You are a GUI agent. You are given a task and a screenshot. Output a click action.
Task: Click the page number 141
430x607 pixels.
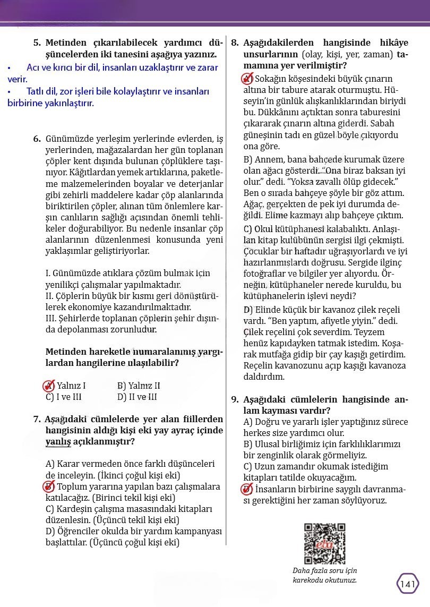pos(407,584)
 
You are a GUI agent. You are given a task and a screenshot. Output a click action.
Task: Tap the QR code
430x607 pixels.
pos(324,543)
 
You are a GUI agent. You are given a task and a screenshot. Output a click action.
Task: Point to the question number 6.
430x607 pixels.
pos(37,139)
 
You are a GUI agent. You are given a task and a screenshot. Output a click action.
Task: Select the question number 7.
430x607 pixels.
pos(37,419)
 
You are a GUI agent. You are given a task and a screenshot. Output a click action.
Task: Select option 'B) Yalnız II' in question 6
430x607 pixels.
pos(139,386)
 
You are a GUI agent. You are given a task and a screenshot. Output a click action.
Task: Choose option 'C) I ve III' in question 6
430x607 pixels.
pos(64,397)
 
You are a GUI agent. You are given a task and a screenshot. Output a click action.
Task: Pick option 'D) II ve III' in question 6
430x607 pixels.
pos(137,397)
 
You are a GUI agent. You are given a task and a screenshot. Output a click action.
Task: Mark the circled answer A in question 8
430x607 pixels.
pos(247,79)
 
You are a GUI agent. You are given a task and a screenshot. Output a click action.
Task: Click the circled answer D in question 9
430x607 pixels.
pos(247,489)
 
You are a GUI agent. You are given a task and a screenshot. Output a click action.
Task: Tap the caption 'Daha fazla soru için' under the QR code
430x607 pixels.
pos(325,571)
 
